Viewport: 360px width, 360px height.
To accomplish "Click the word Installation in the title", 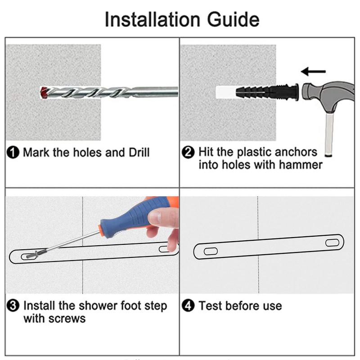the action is pos(153,19).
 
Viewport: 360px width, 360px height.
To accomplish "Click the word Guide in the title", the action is pos(233,19).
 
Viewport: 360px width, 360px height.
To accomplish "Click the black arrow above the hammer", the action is pos(313,72).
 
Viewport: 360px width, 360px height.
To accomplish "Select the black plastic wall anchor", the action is pos(267,92).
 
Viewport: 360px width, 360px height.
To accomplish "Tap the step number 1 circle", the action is pos(13,153).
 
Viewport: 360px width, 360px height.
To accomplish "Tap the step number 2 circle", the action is pos(188,153).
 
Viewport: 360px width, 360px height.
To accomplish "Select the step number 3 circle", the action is pos(13,306).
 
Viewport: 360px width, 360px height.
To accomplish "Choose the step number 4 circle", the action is pos(188,306).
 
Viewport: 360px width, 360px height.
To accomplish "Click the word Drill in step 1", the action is pos(139,153).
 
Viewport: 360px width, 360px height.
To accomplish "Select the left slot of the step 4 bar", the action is pos(211,251).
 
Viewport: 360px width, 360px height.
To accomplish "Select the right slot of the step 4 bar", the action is pos(332,243).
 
